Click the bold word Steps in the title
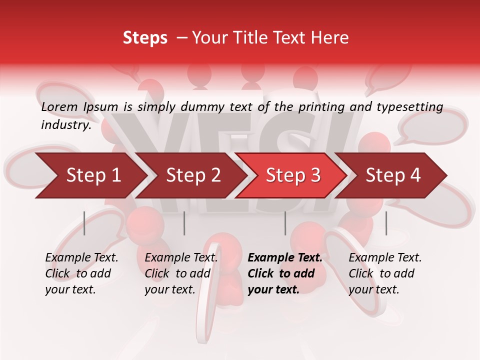145,38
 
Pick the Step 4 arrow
393,175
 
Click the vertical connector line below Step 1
84,223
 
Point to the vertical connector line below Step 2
184,223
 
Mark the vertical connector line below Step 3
285,223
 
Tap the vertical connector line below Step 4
386,223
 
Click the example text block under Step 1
81,273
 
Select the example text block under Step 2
181,273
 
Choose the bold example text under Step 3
285,273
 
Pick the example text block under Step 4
385,273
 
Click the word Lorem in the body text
59,107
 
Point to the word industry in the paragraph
66,125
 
